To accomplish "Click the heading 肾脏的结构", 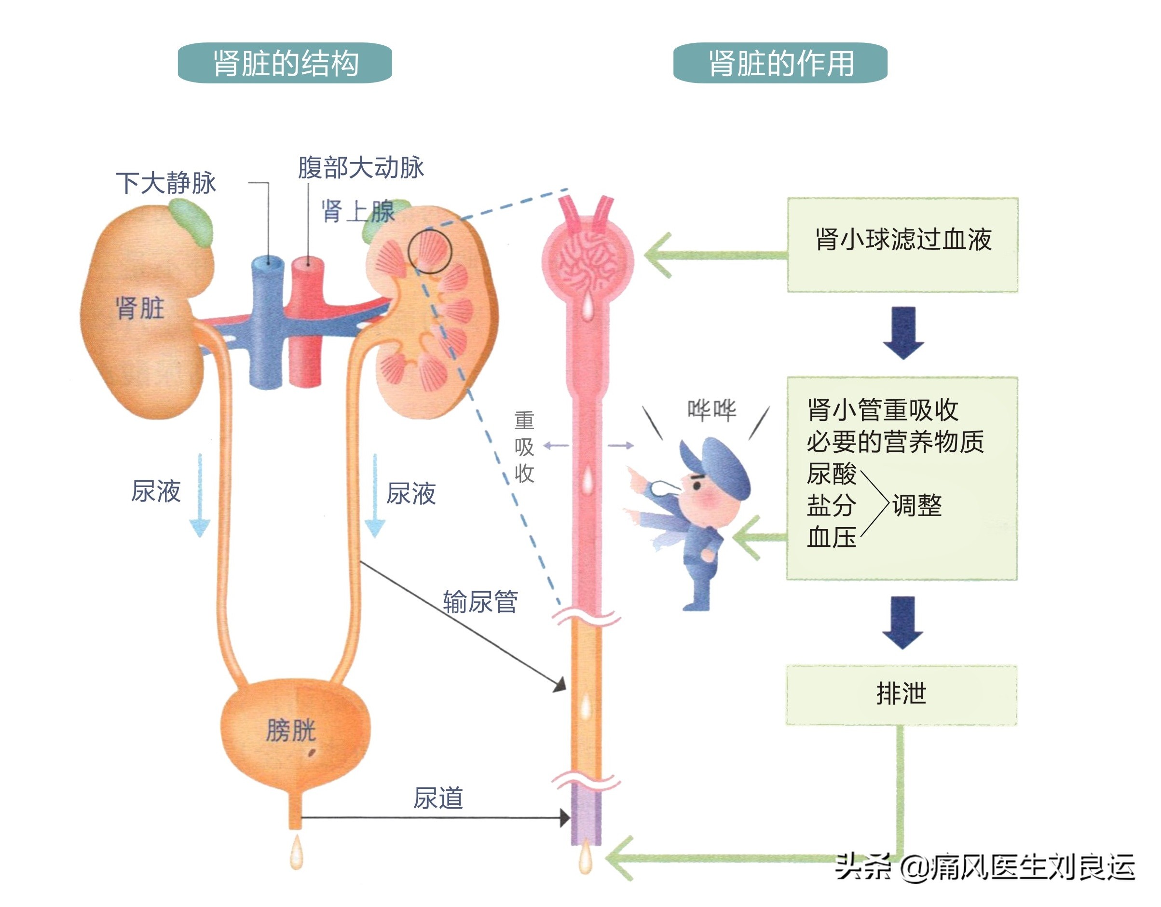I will tap(285, 63).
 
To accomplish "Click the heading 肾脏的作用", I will tap(780, 63).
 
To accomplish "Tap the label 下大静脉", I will tap(166, 183).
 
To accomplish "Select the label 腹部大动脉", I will tap(360, 167).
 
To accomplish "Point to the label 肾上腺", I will tap(357, 212).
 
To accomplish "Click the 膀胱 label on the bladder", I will tap(291, 730).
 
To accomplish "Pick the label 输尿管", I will tap(480, 602).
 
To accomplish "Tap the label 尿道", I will tap(438, 798).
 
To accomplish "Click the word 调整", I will tap(917, 505).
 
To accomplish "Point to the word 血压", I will tap(832, 537).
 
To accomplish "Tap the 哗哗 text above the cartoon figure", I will tap(712, 410).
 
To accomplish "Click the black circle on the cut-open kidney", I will tap(430, 251).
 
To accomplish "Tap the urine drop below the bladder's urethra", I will tap(296, 854).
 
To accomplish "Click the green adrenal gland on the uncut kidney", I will tap(192, 223).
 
